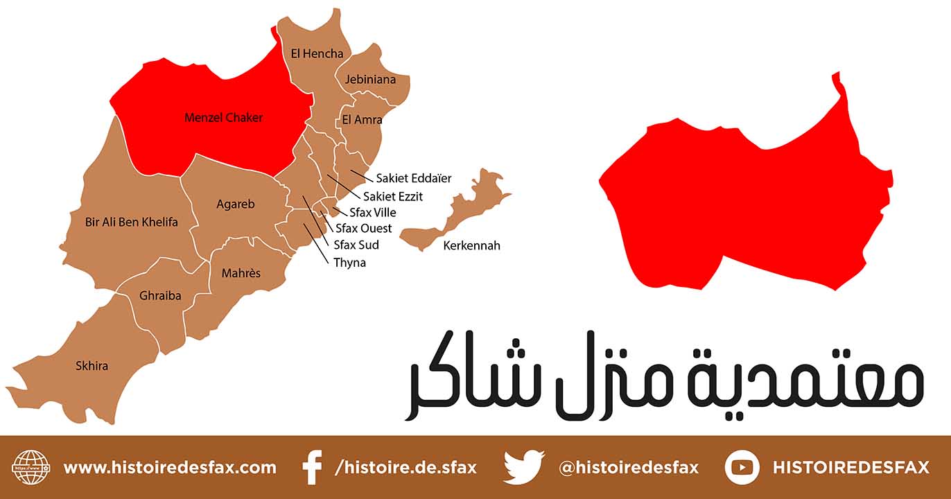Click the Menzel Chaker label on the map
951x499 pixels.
click(223, 118)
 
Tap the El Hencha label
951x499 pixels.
click(317, 53)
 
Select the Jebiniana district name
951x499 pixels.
click(370, 80)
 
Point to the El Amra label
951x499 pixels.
click(362, 120)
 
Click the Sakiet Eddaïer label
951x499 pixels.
click(413, 179)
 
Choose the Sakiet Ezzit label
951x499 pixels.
click(392, 196)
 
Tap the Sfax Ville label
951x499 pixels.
click(373, 213)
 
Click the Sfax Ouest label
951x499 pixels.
click(363, 229)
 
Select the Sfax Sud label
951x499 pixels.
click(356, 245)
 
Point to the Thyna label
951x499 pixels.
click(349, 263)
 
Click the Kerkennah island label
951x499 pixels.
click(471, 246)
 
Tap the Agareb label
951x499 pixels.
click(236, 204)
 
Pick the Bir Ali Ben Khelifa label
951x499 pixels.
click(131, 222)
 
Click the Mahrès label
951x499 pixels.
click(241, 273)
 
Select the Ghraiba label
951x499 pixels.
click(160, 296)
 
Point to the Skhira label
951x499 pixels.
click(91, 365)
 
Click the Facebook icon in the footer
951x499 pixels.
click(313, 467)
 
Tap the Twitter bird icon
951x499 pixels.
click(523, 467)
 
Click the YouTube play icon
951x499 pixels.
click(742, 467)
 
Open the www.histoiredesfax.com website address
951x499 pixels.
click(170, 468)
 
